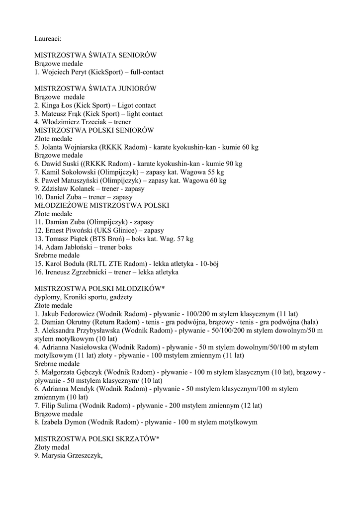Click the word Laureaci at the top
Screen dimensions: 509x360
48,38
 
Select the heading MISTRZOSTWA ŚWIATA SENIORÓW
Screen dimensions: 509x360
95,55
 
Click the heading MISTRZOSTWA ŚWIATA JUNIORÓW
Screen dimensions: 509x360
95,88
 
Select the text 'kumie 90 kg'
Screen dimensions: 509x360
225,164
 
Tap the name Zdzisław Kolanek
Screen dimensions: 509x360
70,189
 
